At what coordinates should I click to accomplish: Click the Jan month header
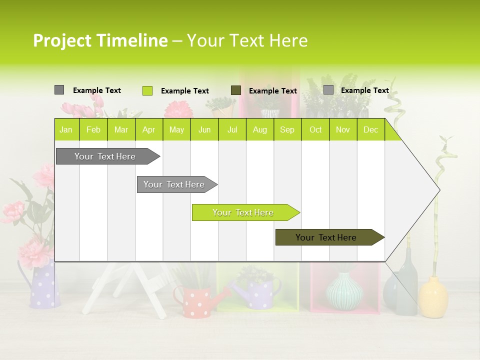[66, 129]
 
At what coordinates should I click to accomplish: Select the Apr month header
[149, 129]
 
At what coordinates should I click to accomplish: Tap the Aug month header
[260, 129]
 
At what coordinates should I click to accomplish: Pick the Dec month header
[371, 129]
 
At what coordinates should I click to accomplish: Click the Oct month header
[315, 129]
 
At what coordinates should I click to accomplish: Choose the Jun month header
[204, 129]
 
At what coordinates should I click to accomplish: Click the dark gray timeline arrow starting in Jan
[105, 156]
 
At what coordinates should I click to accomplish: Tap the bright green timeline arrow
[243, 212]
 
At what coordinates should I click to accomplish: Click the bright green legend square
[147, 90]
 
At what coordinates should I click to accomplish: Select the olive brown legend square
[236, 90]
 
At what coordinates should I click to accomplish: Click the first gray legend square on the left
[59, 90]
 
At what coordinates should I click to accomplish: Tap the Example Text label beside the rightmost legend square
[364, 90]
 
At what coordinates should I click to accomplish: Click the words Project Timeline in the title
[100, 40]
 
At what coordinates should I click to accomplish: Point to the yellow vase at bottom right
[433, 298]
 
